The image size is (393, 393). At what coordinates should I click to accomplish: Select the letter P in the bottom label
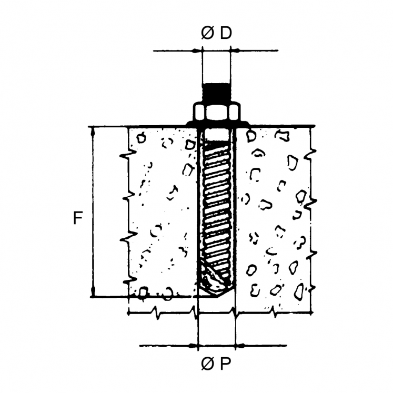(226, 364)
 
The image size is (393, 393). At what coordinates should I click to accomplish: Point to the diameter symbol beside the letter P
(208, 364)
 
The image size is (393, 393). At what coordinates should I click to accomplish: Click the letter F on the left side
(78, 218)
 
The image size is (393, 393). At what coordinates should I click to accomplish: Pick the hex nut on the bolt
(216, 112)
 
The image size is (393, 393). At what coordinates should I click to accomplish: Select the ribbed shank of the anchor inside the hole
(216, 205)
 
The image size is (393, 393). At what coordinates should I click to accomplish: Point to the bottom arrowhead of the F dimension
(93, 293)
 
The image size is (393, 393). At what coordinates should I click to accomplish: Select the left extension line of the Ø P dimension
(197, 326)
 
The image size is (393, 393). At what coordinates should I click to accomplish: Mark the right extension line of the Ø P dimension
(236, 326)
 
